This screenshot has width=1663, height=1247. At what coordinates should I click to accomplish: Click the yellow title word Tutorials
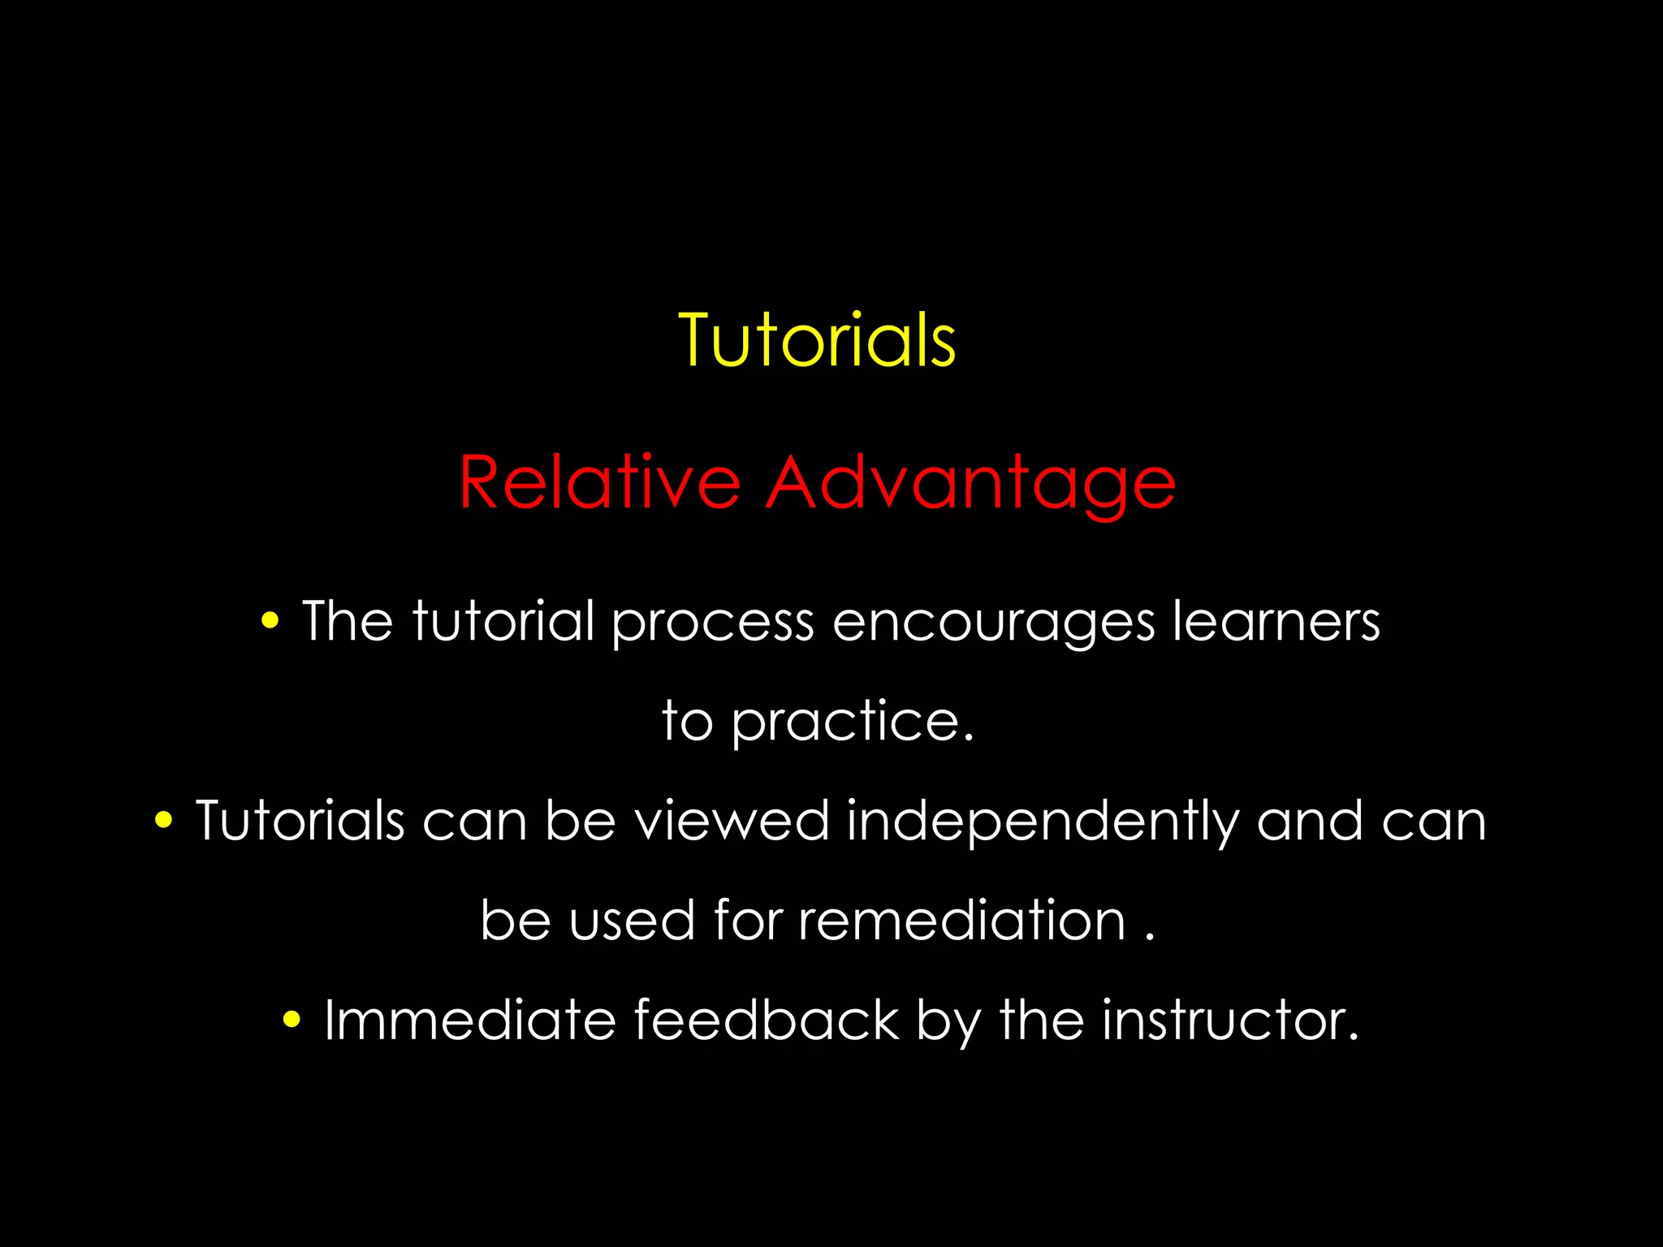pos(817,341)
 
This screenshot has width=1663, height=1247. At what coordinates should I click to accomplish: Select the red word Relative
pos(599,482)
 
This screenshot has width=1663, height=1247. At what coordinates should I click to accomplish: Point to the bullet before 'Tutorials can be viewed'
pos(163,821)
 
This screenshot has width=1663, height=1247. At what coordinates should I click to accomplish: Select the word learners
pos(1276,622)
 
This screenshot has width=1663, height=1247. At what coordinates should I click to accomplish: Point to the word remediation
pos(961,921)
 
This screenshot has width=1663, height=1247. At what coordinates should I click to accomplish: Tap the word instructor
pos(1229,1020)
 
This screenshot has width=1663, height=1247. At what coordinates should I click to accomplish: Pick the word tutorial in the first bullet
pos(503,621)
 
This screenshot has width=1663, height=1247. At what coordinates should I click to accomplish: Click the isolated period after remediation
pos(1149,938)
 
